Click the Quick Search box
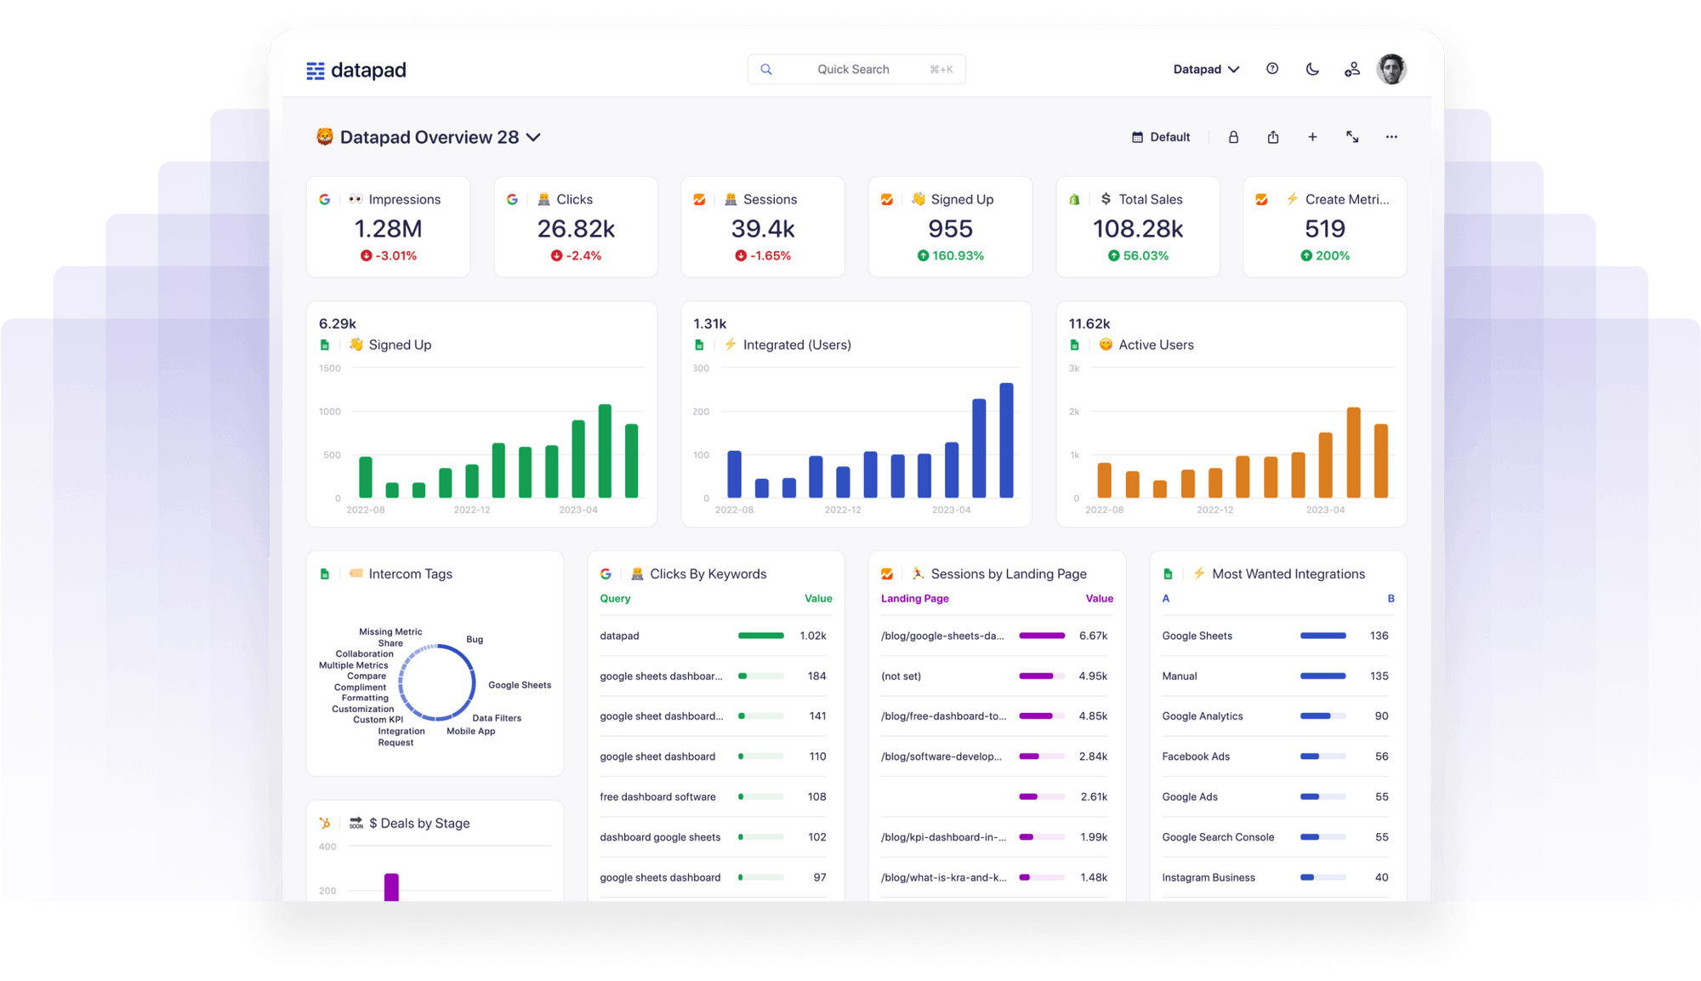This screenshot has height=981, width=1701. (855, 69)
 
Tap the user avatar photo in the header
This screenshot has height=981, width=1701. (1391, 69)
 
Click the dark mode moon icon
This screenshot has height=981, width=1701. (1312, 69)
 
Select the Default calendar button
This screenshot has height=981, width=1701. (1161, 137)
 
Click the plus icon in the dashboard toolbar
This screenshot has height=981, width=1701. (1312, 137)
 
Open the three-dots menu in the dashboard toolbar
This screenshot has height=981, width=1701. (1391, 137)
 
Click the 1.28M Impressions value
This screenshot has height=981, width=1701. (388, 229)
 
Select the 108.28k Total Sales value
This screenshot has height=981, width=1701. (1137, 229)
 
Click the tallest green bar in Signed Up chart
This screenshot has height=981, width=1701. (605, 451)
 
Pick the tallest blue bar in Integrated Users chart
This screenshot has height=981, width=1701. (1006, 440)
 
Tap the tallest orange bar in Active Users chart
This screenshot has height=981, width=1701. (1353, 452)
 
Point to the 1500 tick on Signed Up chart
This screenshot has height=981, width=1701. (330, 368)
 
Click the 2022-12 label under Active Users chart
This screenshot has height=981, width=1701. (1215, 510)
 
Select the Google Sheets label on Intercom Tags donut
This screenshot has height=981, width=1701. (520, 685)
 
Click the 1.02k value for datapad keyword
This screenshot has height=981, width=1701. (812, 636)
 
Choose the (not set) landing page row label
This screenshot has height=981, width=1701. (901, 676)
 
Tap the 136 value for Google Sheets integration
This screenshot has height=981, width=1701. (1379, 636)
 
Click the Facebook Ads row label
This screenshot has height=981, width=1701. (1196, 756)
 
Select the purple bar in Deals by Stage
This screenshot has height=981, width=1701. (391, 887)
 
